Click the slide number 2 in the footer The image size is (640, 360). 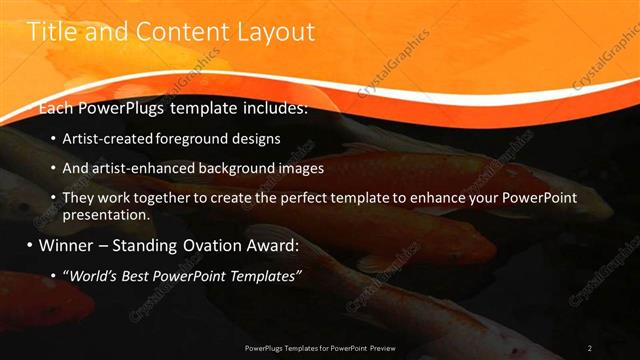[590, 348]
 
